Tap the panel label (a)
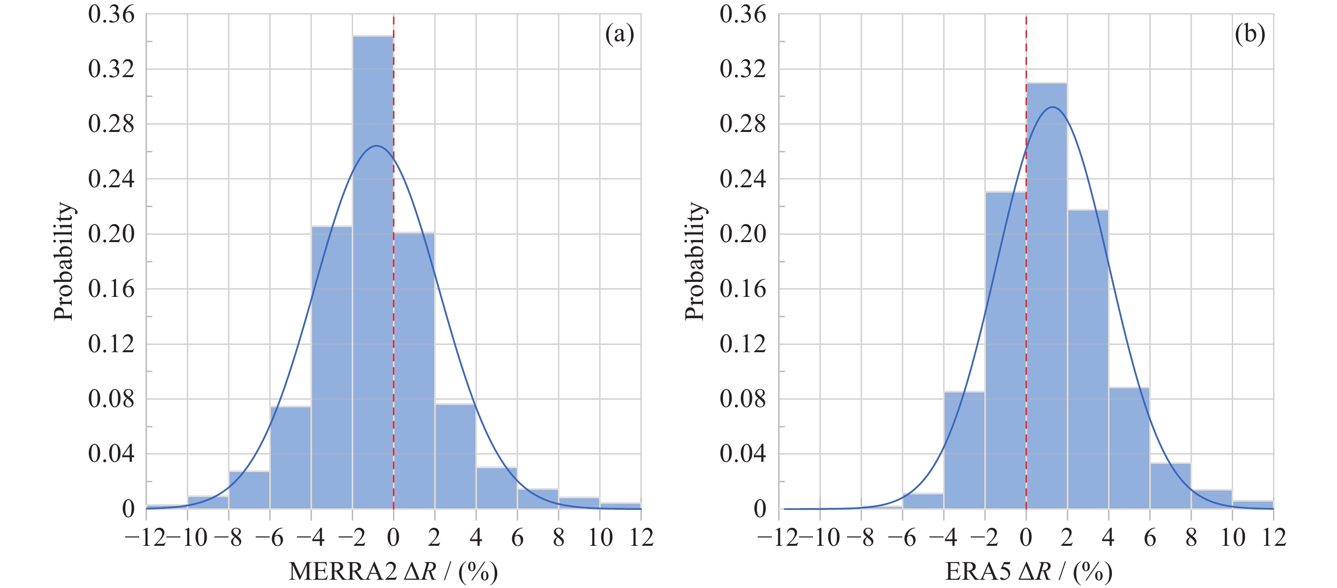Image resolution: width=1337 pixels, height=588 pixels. (619, 34)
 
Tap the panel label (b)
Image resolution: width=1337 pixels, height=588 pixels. (1250, 34)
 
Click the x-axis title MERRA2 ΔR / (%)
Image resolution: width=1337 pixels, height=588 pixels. (393, 572)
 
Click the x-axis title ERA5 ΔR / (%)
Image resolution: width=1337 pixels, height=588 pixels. (1028, 572)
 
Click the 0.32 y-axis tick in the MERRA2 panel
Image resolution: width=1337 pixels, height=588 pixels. (111, 69)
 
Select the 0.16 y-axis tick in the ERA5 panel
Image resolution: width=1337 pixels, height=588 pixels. (742, 289)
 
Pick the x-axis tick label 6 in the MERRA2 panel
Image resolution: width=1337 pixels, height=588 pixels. (517, 538)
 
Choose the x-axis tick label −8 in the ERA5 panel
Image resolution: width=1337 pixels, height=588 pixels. (860, 538)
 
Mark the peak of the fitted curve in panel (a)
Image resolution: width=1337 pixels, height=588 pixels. (376, 146)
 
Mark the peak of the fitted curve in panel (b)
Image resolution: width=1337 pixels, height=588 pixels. (1052, 107)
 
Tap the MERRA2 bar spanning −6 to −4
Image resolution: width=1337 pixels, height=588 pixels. (290, 457)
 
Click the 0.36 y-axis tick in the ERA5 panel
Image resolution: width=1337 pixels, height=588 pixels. (742, 15)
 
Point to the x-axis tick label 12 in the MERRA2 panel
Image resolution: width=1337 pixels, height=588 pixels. (641, 538)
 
